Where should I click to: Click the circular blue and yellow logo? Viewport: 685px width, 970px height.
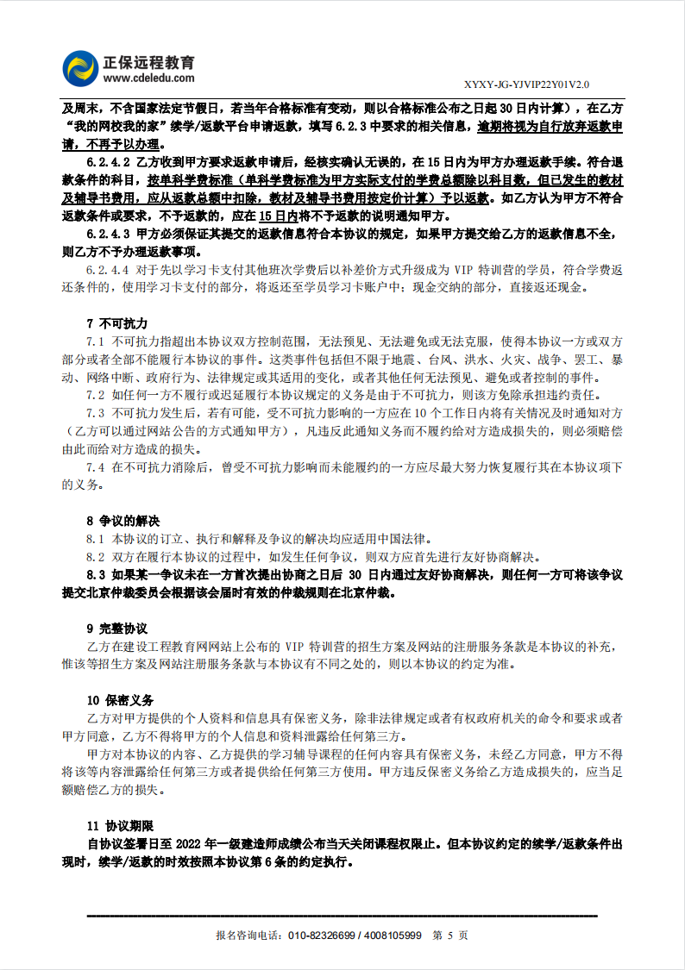coord(80,68)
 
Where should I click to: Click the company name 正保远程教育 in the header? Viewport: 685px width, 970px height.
coord(148,62)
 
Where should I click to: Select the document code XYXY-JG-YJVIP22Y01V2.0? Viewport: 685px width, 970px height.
coord(526,84)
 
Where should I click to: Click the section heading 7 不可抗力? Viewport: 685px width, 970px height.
coord(111,324)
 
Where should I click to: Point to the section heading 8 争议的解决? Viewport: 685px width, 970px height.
coord(123,521)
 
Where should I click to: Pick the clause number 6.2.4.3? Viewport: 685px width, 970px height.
coord(108,233)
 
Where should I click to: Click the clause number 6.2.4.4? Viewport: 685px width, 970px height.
coord(108,269)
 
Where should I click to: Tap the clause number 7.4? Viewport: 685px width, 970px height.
coord(95,466)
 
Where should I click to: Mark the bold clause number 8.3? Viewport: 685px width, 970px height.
coord(96,574)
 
